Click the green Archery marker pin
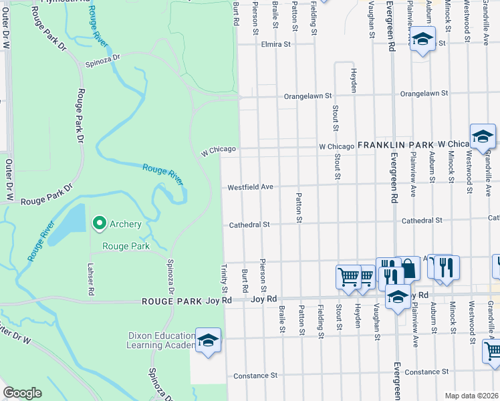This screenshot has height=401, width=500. (x=100, y=223)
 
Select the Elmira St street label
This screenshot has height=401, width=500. (x=277, y=45)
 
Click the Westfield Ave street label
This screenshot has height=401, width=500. (x=251, y=188)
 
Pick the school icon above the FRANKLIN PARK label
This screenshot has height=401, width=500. (x=482, y=136)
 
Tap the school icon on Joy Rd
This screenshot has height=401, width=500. (x=398, y=297)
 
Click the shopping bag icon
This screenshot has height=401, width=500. (x=409, y=268)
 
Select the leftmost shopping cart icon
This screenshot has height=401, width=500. (x=348, y=275)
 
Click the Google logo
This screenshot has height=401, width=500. (x=22, y=393)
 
